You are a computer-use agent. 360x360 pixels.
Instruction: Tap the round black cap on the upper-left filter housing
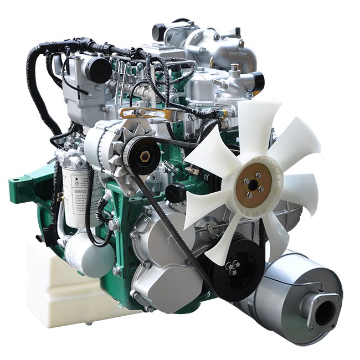coord(99,70)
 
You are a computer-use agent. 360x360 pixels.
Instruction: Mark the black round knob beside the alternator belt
coord(176,193)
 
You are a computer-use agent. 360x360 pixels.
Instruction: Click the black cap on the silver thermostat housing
coord(256,81)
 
